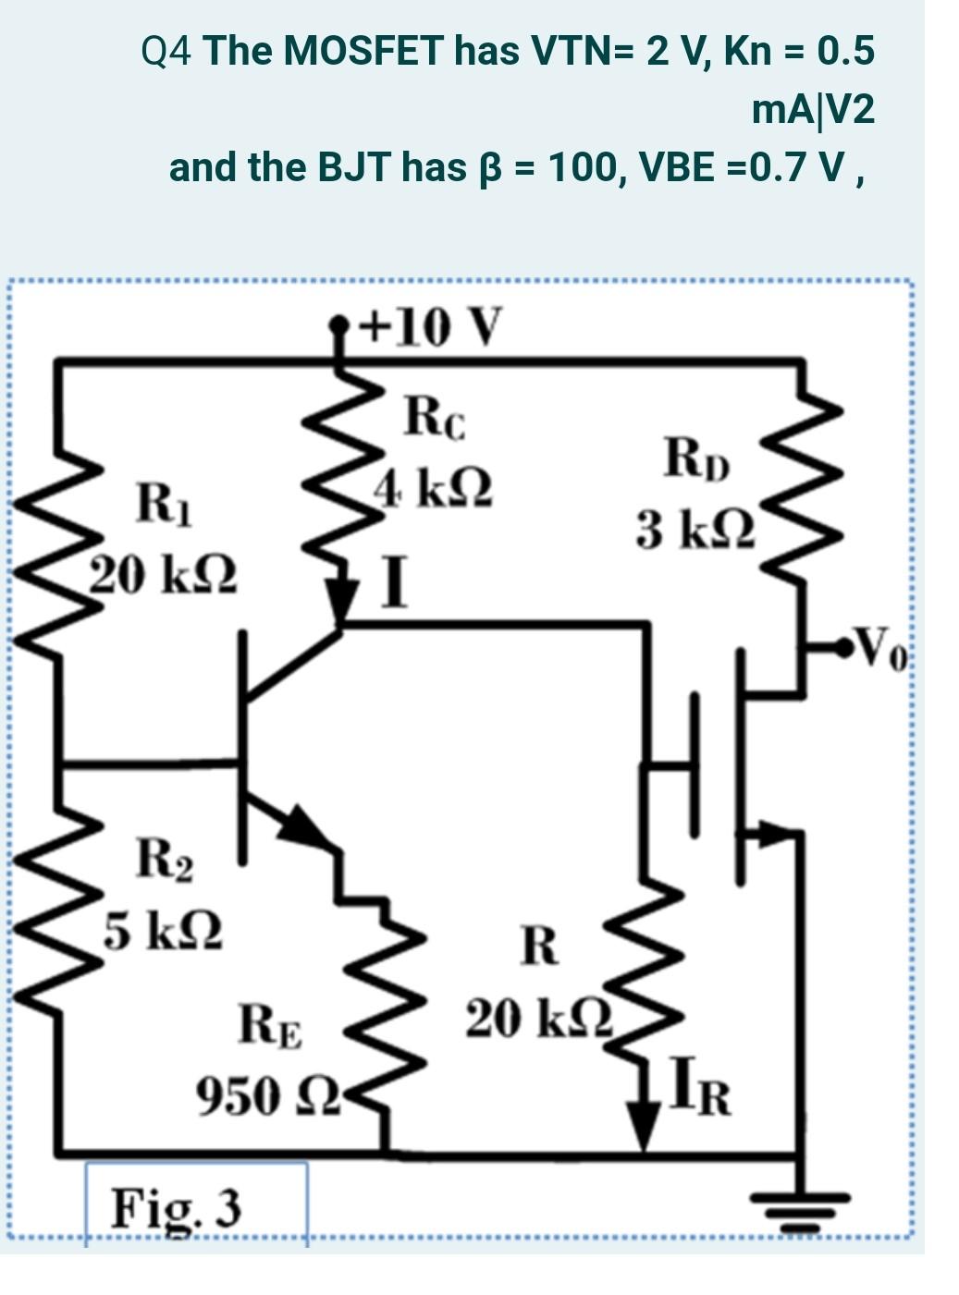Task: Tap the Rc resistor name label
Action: [436, 418]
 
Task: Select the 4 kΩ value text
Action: [433, 487]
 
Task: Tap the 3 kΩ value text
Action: [695, 531]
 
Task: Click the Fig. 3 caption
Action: [177, 1207]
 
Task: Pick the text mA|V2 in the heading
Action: [812, 110]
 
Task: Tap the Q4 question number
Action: [167, 50]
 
